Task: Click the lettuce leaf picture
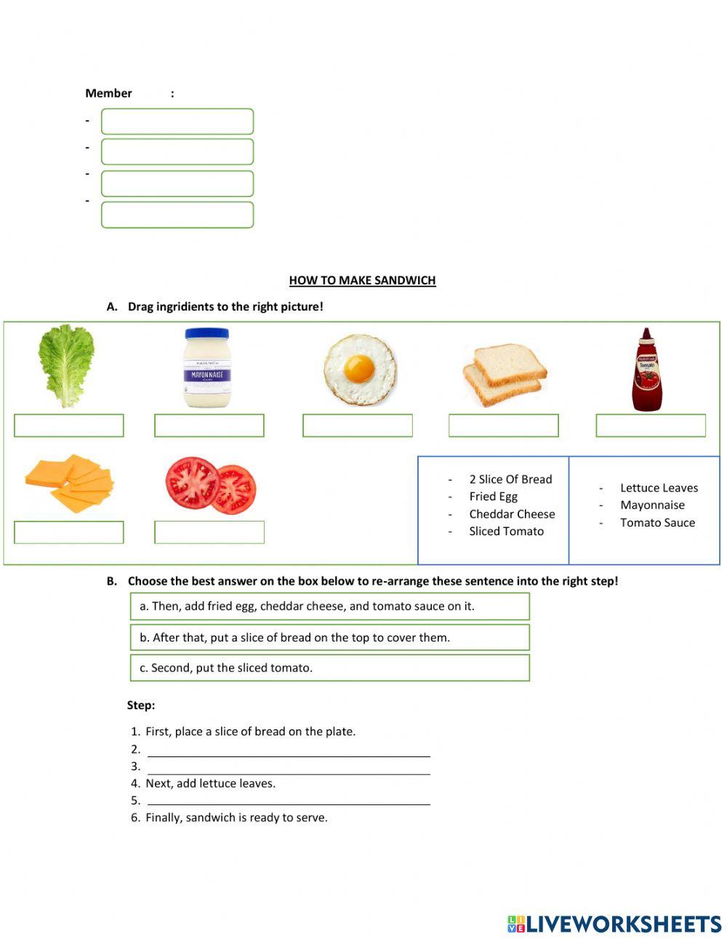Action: (x=66, y=366)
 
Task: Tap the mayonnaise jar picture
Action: (x=207, y=367)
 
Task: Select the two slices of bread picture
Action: (x=505, y=375)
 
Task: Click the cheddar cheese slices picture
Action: (x=70, y=483)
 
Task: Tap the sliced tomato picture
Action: (x=210, y=486)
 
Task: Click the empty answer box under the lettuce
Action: (x=69, y=425)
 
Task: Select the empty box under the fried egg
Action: (x=358, y=425)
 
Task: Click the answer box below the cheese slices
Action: (x=69, y=532)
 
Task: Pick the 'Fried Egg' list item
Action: (x=493, y=497)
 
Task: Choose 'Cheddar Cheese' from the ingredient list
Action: (x=512, y=514)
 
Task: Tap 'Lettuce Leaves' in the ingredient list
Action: (x=659, y=488)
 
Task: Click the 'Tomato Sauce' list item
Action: (x=657, y=523)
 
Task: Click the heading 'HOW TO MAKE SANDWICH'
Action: (x=362, y=280)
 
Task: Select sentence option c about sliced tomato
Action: (x=329, y=668)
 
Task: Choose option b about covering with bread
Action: (x=329, y=637)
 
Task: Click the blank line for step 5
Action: (x=289, y=799)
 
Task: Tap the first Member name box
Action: (x=177, y=121)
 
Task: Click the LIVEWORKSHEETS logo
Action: (x=614, y=924)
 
